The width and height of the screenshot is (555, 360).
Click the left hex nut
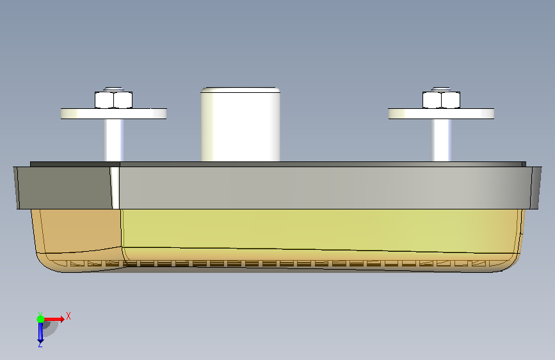pos(113,100)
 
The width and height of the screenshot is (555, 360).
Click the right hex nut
pos(442,100)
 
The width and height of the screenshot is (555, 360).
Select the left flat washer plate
pos(113,114)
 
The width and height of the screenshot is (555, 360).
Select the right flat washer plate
pos(442,114)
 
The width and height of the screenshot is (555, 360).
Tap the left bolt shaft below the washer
pos(113,140)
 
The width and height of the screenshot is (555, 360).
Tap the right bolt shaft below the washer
pos(441,140)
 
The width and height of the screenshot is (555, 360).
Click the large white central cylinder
pos(241,124)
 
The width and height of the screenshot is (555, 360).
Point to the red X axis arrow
pos(53,319)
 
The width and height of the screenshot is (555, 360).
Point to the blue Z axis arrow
pos(41,331)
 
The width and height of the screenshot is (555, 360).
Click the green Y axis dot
pos(41,319)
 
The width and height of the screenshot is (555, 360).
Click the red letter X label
pos(68,316)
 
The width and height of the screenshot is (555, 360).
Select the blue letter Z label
pos(40,344)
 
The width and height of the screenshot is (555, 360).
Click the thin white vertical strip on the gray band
pos(115,188)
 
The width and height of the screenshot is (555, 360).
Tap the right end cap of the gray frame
pos(536,188)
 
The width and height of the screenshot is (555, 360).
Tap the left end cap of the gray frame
pos(16,188)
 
